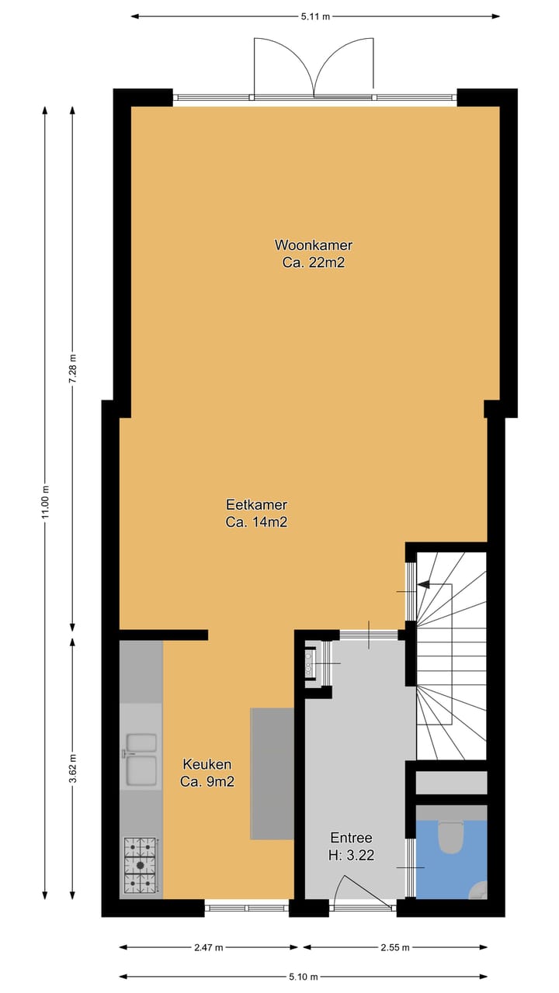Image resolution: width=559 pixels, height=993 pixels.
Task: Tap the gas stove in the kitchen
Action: tap(141, 863)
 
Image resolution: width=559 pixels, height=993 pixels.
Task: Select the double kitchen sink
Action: tap(140, 758)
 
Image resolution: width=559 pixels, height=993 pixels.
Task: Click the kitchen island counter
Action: tap(272, 773)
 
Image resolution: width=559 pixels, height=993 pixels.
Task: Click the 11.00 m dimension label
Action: tap(45, 505)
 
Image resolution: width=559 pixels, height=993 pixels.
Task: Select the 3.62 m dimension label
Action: tap(73, 769)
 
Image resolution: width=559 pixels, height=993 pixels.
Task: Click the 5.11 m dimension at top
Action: tap(314, 16)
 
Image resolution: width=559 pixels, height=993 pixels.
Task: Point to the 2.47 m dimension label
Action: tap(208, 947)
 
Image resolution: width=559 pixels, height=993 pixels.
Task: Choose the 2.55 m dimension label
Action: tap(395, 947)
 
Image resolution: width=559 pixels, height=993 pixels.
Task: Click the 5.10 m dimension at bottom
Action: tap(304, 976)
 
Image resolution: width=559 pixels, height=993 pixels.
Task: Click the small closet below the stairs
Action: tap(451, 782)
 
